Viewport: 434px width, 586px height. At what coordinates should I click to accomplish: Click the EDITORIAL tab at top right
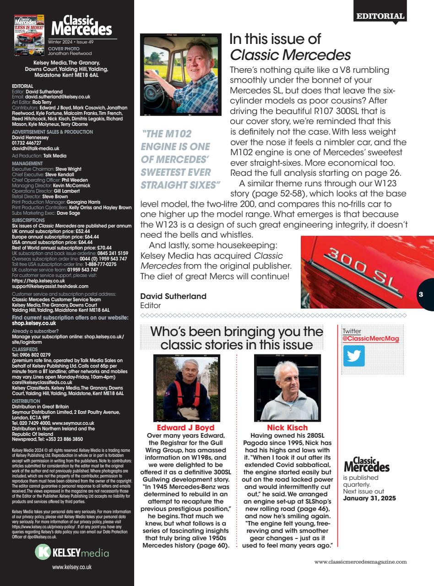(380, 16)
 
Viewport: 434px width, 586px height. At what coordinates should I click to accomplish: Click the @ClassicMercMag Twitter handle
(371, 339)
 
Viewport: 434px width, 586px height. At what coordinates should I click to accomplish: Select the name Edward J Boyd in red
(182, 428)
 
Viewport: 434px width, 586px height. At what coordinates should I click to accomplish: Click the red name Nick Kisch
(287, 428)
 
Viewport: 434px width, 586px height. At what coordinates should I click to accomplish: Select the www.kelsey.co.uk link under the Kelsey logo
(72, 567)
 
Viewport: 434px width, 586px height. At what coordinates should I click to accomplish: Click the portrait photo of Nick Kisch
(287, 388)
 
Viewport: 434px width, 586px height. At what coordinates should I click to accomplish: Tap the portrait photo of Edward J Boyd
(182, 388)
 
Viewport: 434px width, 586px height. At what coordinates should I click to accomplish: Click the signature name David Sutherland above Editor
(173, 296)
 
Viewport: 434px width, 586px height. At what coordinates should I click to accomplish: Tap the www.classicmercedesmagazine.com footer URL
(360, 562)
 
